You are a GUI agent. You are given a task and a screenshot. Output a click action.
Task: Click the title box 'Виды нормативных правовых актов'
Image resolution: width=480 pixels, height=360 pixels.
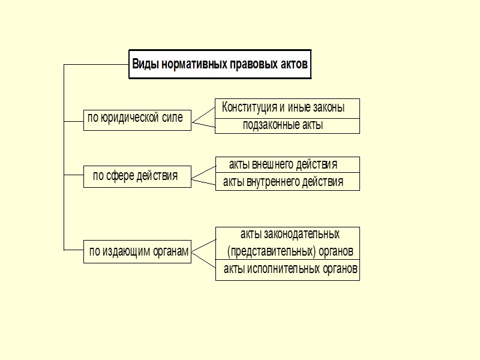click(220, 64)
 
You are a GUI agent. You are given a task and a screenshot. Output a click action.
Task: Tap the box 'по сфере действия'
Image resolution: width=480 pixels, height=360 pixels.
click(137, 176)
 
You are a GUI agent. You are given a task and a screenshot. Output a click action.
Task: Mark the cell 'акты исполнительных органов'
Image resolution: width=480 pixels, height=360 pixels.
click(290, 271)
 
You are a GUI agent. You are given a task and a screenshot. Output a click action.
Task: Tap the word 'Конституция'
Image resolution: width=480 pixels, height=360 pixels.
click(249, 109)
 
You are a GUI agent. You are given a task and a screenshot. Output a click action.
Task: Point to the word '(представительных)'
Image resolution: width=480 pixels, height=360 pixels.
click(271, 251)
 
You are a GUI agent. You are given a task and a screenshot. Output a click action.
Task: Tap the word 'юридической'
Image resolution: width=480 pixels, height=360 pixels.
click(131, 118)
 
